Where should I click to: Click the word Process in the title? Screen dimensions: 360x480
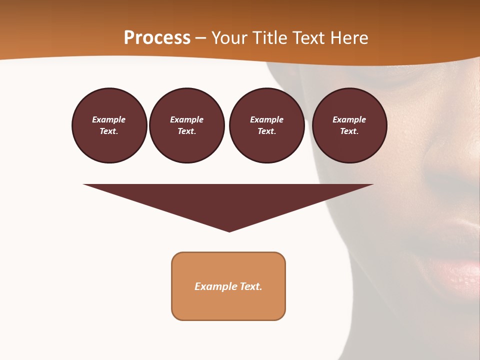pyautogui.click(x=157, y=38)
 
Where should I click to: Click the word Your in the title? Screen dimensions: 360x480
pyautogui.click(x=229, y=38)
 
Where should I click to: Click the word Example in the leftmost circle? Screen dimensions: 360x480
pyautogui.click(x=109, y=120)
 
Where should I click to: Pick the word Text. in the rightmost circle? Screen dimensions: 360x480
pyautogui.click(x=349, y=131)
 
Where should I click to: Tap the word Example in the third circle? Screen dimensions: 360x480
pyautogui.click(x=266, y=120)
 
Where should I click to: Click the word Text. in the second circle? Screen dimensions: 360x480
pyautogui.click(x=187, y=131)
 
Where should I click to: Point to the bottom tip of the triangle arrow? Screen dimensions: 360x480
pyautogui.click(x=229, y=230)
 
